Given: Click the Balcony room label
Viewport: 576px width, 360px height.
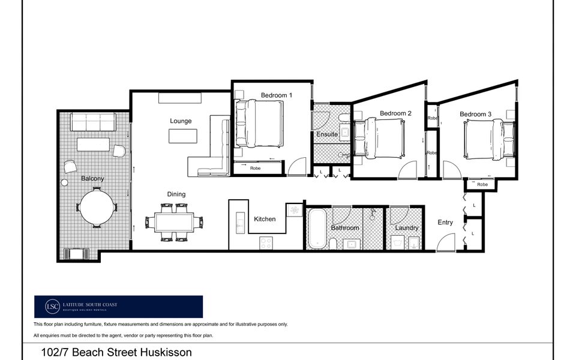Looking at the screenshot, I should [92, 179].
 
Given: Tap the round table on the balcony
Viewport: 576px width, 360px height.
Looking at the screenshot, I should [96, 206].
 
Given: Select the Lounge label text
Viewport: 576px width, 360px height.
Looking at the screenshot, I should [181, 121].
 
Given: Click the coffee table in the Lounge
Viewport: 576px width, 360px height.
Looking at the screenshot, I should [182, 137].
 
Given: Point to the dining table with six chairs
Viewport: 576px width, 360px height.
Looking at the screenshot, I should [173, 223].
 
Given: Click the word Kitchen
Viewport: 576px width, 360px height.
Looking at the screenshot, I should [265, 219].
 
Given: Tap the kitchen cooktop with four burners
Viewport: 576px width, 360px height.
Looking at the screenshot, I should [266, 243].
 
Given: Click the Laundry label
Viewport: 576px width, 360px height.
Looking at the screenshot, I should [406, 228].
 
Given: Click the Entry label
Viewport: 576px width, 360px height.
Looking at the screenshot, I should [445, 223].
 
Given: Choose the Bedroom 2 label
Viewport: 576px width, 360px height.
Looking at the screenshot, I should [395, 113].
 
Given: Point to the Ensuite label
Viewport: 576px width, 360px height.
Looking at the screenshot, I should [327, 134].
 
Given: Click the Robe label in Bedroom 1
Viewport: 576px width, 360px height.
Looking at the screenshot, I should [256, 169].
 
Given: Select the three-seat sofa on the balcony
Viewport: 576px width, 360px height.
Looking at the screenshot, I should [93, 122].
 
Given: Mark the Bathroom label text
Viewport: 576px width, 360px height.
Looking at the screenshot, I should [345, 228].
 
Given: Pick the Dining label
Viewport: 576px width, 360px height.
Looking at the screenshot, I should [176, 194].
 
